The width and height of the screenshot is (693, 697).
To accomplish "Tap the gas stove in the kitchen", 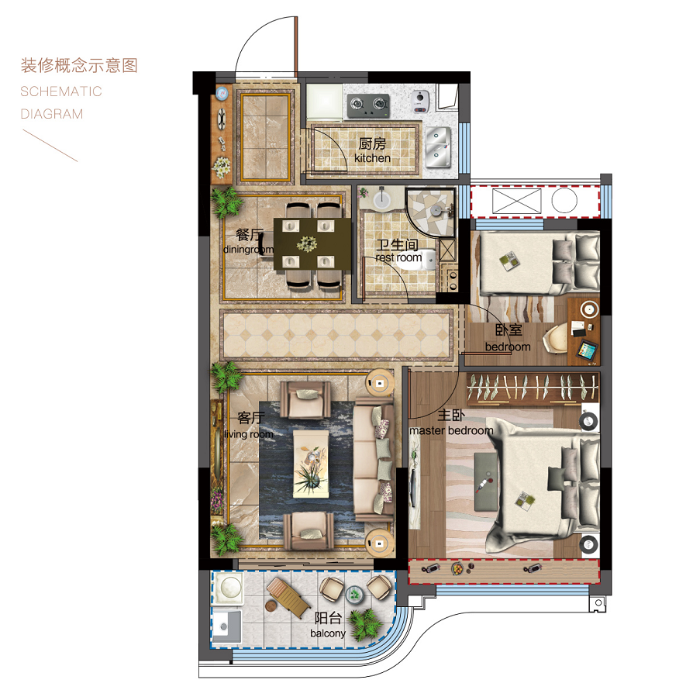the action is click(367, 105).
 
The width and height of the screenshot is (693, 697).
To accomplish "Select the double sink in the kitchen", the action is click(439, 147).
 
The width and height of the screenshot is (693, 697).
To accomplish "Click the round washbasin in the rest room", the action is click(382, 198).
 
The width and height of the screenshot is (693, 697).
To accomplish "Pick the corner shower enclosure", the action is click(430, 212).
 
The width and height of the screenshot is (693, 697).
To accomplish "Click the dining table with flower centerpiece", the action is click(312, 243).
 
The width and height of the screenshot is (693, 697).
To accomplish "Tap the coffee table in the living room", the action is click(311, 464).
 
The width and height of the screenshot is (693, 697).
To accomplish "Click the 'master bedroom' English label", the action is click(451, 431).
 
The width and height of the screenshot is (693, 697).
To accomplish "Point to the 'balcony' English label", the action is click(328, 633).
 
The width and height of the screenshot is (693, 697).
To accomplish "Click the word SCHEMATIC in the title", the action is click(61, 91).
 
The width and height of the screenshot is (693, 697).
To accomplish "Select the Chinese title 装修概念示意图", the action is click(79, 65).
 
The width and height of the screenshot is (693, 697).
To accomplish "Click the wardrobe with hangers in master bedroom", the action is click(532, 387).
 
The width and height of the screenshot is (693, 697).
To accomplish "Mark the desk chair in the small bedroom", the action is click(556, 339).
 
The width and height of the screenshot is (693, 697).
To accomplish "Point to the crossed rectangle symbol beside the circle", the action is click(516, 201).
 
